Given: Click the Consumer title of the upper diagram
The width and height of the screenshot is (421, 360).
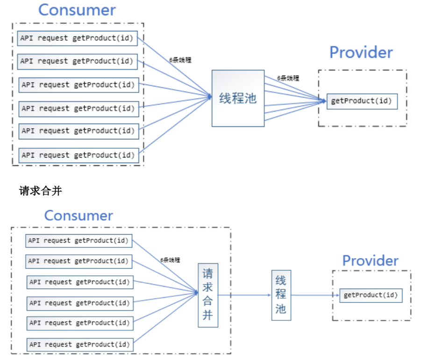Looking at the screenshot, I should (x=77, y=10).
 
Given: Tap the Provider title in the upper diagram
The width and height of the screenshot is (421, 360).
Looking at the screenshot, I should (x=361, y=52).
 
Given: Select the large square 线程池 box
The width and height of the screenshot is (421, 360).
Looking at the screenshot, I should (x=238, y=98).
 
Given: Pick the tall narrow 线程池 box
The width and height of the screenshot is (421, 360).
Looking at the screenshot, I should (x=281, y=295).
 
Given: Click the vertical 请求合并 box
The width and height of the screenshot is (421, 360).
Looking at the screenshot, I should (x=207, y=295).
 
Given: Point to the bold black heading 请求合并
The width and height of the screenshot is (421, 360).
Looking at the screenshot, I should (x=40, y=191).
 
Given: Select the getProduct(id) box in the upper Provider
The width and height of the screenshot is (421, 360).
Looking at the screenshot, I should (x=362, y=101).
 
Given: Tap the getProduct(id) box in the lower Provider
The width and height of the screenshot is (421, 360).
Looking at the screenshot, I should (x=371, y=295).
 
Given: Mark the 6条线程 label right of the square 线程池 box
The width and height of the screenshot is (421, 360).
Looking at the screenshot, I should (x=288, y=78).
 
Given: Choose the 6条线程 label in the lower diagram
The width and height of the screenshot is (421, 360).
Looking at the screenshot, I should (x=170, y=260).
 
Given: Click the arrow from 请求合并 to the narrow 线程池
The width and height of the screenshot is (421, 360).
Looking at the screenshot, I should (x=244, y=295).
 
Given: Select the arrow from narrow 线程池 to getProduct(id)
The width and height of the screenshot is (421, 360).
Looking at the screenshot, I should (x=314, y=295).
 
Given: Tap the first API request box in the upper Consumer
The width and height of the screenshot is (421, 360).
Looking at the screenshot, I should (x=78, y=38).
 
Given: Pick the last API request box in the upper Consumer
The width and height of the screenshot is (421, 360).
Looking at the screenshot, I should (x=78, y=155).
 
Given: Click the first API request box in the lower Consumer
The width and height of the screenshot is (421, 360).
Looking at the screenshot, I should (x=78, y=241).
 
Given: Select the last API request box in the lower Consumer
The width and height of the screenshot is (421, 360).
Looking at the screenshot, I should (x=79, y=345).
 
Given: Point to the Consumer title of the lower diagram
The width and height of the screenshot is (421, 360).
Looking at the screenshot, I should (x=78, y=216).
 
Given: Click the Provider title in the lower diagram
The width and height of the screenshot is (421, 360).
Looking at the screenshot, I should (x=370, y=260).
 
